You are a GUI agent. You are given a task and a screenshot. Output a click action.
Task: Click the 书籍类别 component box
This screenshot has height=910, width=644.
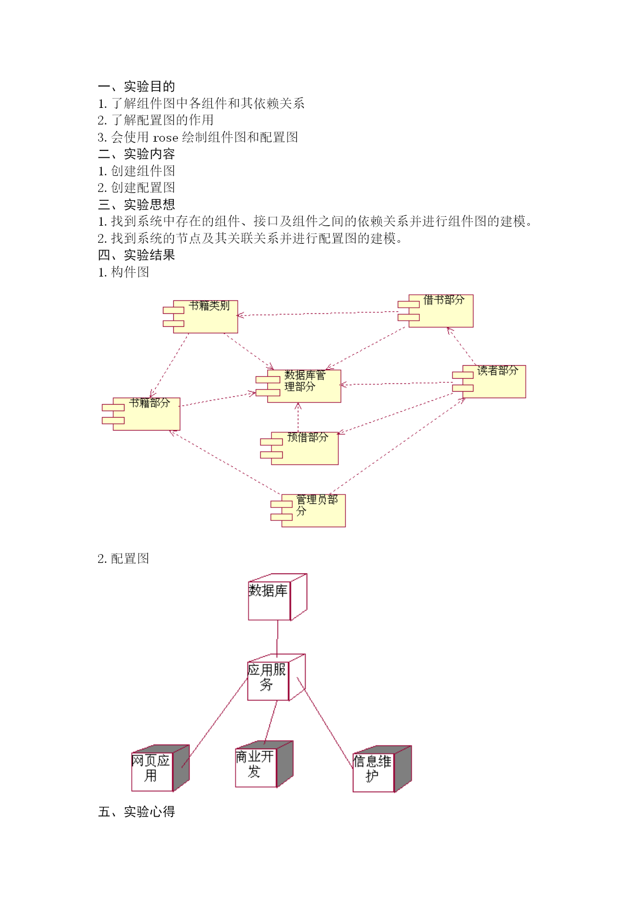pos(201,316)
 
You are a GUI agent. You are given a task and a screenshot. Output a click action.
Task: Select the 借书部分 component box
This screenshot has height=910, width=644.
pos(436,311)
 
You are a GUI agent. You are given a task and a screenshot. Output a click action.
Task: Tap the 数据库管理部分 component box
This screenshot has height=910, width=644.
pos(299,386)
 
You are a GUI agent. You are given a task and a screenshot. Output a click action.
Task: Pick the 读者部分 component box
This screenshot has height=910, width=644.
pos(489,381)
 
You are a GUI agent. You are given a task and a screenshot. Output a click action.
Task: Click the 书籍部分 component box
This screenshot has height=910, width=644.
pos(141,414)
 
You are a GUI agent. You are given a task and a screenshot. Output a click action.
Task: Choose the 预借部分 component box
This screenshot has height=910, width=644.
pos(299,448)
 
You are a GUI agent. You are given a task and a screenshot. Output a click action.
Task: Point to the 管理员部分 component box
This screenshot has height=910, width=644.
pos(308,511)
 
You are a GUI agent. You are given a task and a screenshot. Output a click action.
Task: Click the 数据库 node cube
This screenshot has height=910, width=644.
pos(278,597)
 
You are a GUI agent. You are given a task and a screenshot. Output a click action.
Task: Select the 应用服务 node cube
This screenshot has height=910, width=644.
pos(277,678)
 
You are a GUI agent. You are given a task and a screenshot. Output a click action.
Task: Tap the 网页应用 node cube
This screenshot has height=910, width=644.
pos(160,768)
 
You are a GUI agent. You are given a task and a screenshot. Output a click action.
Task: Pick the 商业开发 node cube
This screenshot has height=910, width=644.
pos(264,764)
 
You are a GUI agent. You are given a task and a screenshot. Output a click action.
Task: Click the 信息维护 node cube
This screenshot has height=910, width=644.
pos(382,769)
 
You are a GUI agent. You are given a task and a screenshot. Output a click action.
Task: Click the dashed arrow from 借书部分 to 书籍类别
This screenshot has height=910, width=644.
pos(318,313)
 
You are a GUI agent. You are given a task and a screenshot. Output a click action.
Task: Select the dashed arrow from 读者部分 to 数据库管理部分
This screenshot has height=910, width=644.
pos(396,383)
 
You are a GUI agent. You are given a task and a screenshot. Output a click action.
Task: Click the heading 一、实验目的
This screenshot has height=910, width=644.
pos(136,86)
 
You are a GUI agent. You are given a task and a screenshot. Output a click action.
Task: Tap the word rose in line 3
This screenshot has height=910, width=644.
pos(166,137)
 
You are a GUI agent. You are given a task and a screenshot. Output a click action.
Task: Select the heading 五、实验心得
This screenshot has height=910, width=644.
pos(136,811)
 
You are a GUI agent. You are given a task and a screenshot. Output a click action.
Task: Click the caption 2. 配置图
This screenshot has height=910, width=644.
pos(124,558)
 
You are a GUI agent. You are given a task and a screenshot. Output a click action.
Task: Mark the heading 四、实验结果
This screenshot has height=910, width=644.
pos(136,255)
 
